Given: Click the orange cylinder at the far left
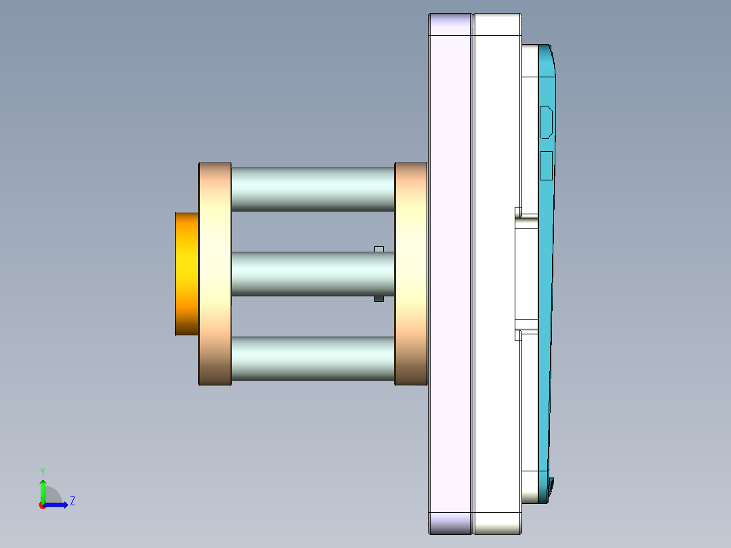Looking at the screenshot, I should click(x=186, y=274).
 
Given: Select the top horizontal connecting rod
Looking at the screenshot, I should click(x=313, y=189).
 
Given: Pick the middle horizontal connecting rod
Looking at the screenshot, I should click(x=313, y=274).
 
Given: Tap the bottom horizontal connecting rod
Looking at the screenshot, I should click(x=313, y=359).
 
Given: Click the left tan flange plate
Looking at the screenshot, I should click(x=215, y=274).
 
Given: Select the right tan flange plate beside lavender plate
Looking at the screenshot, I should click(x=411, y=274).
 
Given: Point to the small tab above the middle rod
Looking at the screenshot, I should click(x=379, y=249).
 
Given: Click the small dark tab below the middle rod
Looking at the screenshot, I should click(x=379, y=298).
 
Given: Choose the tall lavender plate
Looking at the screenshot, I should click(x=450, y=274).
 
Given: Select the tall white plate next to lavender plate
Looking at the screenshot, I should click(x=497, y=274).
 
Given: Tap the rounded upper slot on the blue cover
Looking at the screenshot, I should click(x=546, y=122).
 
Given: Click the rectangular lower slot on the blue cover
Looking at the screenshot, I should click(x=546, y=165).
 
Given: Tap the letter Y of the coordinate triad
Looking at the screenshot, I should click(x=43, y=471).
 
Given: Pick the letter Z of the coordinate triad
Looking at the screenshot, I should click(x=72, y=501).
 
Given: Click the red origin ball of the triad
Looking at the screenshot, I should click(x=42, y=505).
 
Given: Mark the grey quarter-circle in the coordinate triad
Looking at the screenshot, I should click(x=53, y=496).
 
